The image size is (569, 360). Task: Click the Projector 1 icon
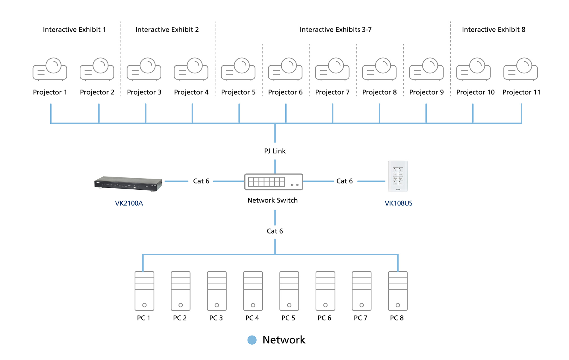pos(50,69)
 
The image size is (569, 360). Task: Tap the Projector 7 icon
pos(332,69)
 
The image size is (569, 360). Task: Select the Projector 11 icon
pos(520,69)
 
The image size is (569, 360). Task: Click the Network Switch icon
pos(273,182)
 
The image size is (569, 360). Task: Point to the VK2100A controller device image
pos(128,184)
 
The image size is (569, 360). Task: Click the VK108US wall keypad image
pos(398,176)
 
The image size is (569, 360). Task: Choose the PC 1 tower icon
pos(144,291)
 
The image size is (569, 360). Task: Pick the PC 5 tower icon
pos(289,291)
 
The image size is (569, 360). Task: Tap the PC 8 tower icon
pos(398,291)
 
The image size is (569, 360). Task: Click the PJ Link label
pos(275,151)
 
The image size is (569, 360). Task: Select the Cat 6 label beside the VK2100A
pos(201,181)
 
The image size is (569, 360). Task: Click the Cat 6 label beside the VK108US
pos(345,181)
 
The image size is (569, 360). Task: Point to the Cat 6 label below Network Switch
pos(275,231)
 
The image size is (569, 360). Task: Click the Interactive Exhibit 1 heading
pos(74,30)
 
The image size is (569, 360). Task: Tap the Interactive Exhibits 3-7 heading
pos(335,30)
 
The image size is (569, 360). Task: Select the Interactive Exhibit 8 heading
pos(494,30)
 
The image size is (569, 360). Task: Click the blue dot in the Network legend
pos(252,340)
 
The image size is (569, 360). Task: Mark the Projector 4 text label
pos(191,92)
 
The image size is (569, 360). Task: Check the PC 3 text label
pos(216,318)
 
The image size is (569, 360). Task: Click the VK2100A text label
pos(129,203)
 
